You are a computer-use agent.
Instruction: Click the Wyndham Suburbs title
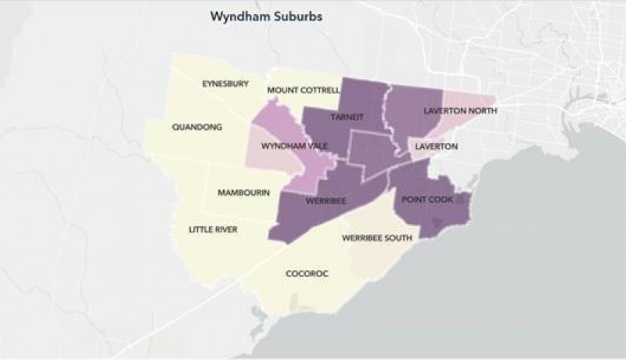(x=255, y=16)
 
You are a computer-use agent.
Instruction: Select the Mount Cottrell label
(x=303, y=90)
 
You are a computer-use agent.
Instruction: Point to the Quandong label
(x=197, y=126)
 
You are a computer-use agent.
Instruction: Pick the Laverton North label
(x=460, y=111)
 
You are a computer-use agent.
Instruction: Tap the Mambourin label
(x=243, y=192)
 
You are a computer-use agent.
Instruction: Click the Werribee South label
(x=377, y=238)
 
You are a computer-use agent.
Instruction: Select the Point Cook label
(x=428, y=200)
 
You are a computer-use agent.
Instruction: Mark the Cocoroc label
(x=307, y=273)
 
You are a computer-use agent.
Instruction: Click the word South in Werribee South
(x=398, y=238)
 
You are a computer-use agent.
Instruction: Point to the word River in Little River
(x=225, y=229)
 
